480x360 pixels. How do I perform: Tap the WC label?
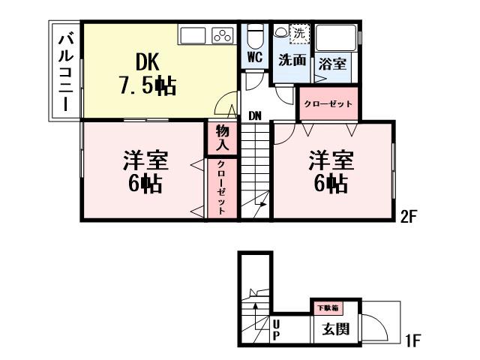coord(253,56)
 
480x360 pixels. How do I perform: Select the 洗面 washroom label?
coord(292,61)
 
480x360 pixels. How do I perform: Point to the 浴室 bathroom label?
coord(333,64)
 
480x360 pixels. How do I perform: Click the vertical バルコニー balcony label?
coord(65,71)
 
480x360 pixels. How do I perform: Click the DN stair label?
coord(255,115)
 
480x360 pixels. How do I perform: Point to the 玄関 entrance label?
coord(334,329)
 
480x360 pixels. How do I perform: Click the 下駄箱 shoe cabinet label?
coord(327,307)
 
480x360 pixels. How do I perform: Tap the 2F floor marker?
coord(409,217)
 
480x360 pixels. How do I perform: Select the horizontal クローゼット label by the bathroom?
coord(329,103)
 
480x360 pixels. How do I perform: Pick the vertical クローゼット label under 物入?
coord(223,188)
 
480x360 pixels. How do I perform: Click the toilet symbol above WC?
coord(253,34)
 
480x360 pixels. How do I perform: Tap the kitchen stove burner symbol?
coord(223,34)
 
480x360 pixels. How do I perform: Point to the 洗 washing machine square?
coord(298,33)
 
